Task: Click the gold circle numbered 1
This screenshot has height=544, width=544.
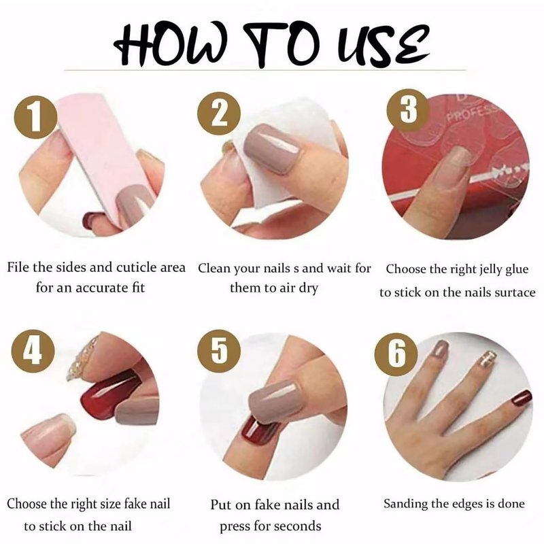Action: tap(36, 117)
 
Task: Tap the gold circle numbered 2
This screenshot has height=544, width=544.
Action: tap(219, 114)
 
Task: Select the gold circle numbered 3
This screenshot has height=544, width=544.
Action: tap(409, 110)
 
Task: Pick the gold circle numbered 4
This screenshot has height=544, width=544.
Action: tap(33, 351)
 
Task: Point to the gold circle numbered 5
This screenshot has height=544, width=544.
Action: tap(219, 351)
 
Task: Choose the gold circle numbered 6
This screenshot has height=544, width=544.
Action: tap(396, 354)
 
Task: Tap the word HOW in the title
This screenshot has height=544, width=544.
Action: tap(171, 44)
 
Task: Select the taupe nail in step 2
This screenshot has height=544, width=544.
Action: tap(273, 148)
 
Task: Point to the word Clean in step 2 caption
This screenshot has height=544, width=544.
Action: tap(214, 268)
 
